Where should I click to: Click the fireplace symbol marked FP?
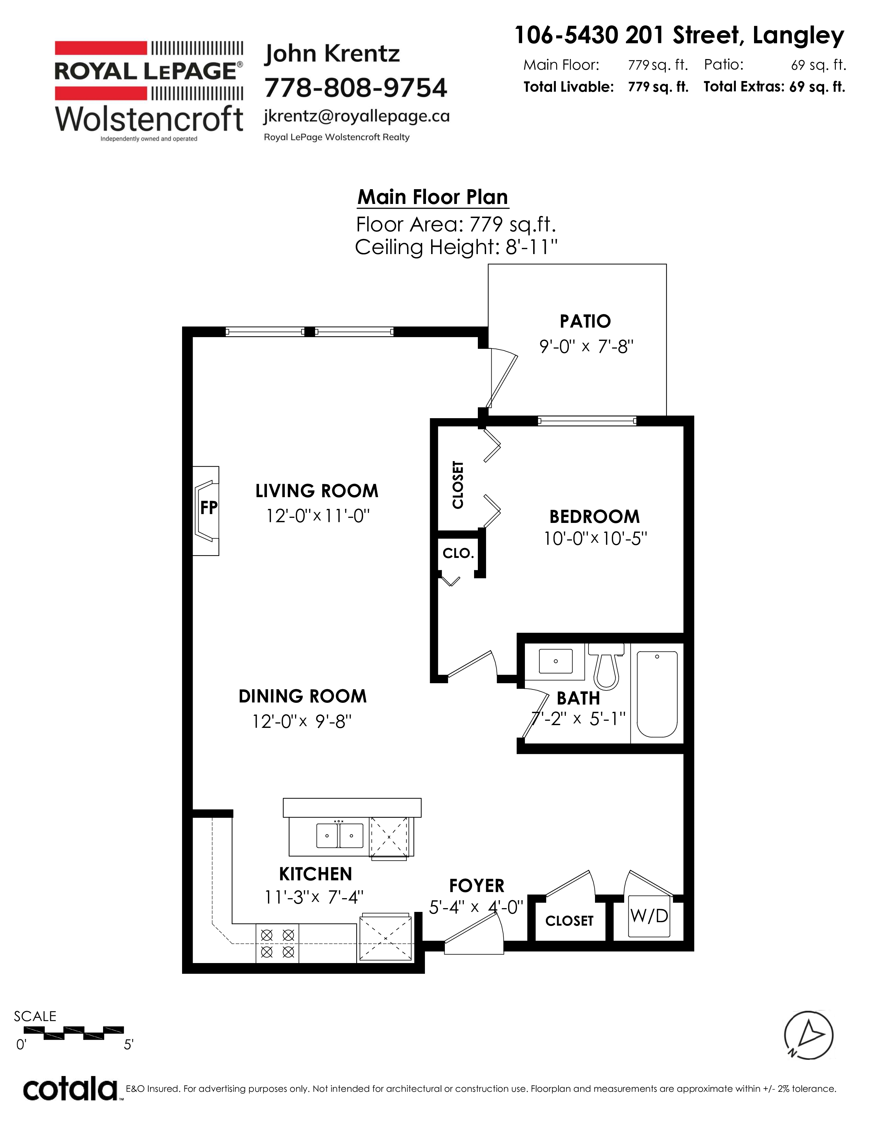tap(206, 511)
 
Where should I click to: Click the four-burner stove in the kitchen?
tap(278, 943)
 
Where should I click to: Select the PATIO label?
tap(585, 322)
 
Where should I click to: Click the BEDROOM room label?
tap(594, 517)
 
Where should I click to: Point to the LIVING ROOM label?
tap(317, 491)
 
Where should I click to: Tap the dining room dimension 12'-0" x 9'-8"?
tap(302, 722)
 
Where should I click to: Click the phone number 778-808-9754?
tap(356, 88)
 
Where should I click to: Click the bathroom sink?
tap(555, 662)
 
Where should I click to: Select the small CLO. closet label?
tap(458, 553)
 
